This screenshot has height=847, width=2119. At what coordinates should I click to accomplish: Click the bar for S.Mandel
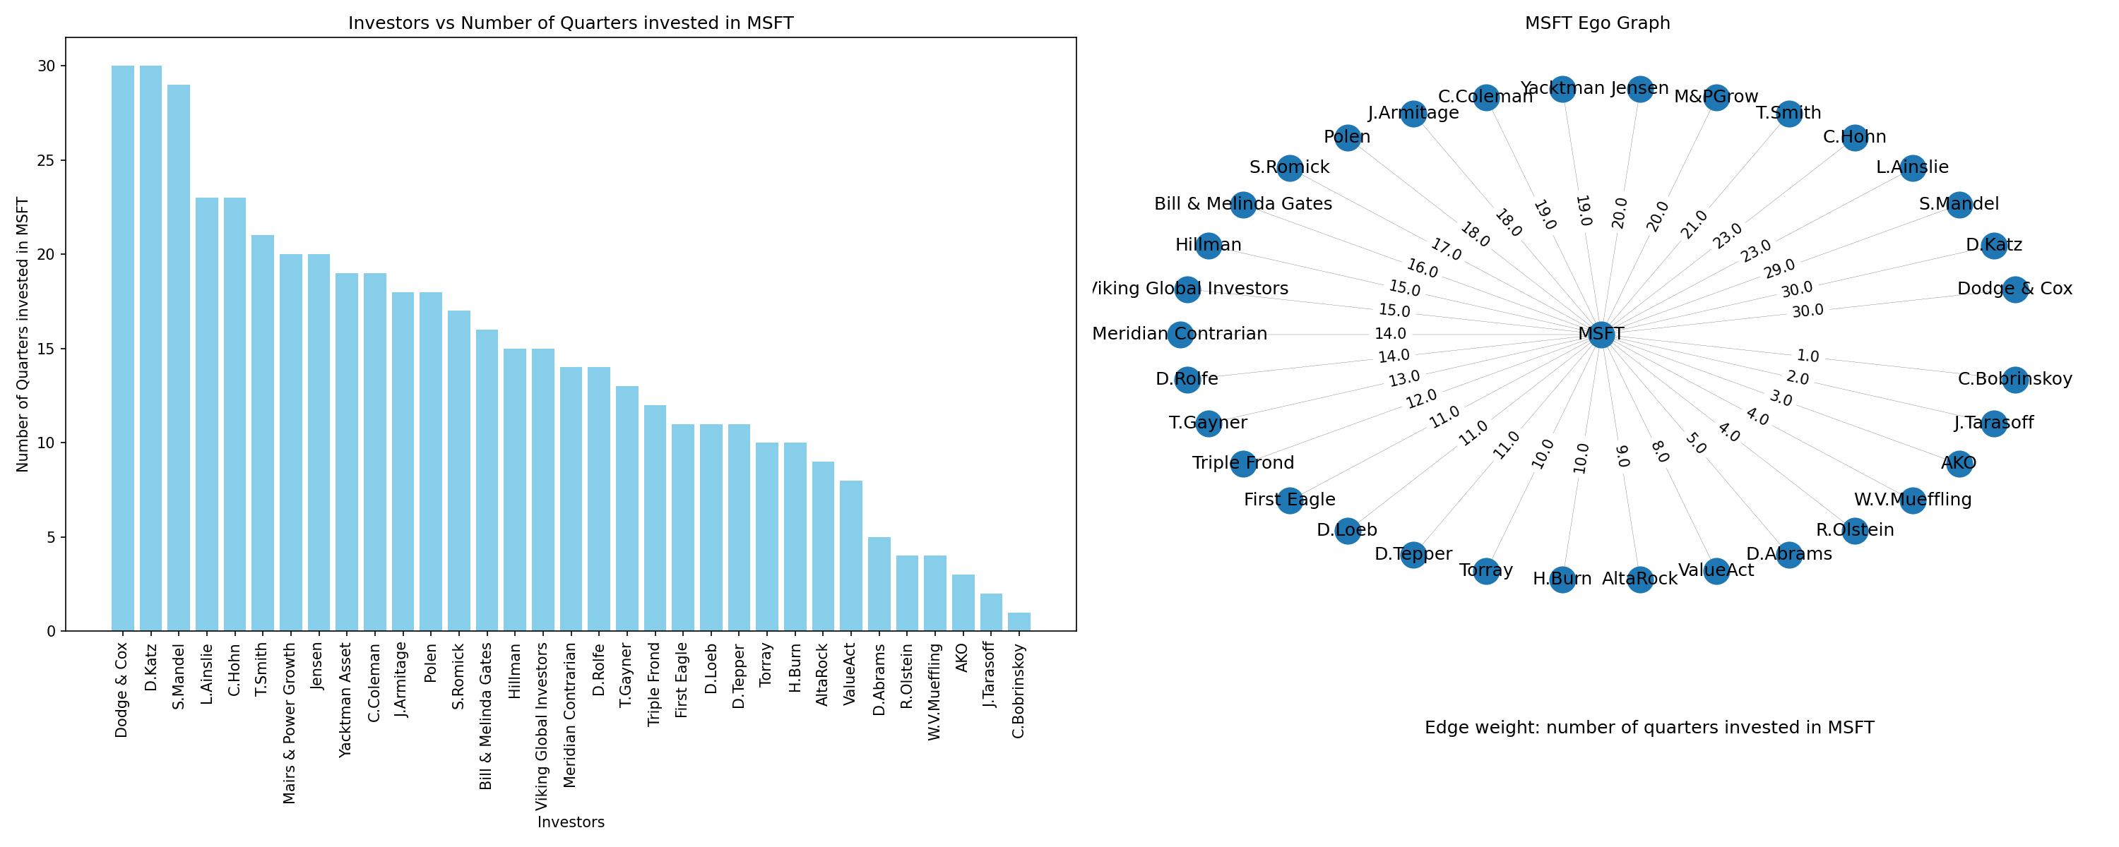[179, 358]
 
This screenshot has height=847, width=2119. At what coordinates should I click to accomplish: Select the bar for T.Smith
[263, 433]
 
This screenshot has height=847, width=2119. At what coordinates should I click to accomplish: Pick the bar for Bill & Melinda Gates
[487, 480]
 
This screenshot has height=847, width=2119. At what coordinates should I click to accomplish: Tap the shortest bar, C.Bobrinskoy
[1019, 622]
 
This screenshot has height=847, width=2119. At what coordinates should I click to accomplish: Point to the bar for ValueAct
[851, 556]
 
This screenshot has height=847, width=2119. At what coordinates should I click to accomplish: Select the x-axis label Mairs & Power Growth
[290, 723]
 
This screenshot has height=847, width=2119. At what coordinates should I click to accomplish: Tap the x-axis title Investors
[571, 822]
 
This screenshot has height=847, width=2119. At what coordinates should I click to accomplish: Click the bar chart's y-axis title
[23, 334]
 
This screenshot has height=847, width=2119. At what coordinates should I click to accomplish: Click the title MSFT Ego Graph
[1598, 23]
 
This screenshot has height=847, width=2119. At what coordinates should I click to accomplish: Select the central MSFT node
[1601, 334]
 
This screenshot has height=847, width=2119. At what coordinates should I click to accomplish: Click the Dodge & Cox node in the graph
[2014, 289]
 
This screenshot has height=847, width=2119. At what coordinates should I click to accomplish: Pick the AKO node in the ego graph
[1959, 464]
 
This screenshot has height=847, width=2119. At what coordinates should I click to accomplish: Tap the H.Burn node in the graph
[1562, 579]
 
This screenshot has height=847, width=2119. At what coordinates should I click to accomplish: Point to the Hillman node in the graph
[1209, 245]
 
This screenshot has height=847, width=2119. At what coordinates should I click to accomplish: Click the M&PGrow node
[1716, 97]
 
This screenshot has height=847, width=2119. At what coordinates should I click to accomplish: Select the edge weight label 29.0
[1779, 269]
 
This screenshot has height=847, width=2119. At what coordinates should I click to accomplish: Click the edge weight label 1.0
[1808, 356]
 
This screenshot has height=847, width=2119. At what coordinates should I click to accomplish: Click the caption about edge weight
[1649, 728]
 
